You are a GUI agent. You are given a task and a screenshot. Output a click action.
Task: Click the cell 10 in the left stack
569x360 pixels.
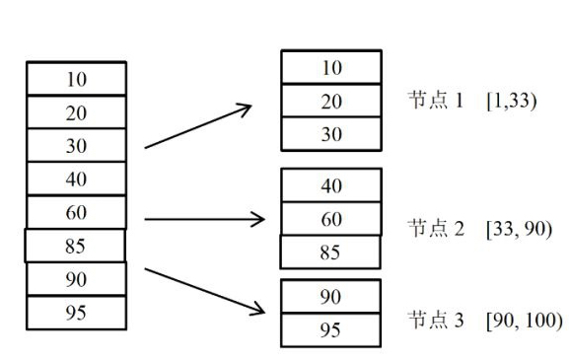coord(76,79)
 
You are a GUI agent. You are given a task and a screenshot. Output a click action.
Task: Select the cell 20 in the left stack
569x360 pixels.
coord(76,112)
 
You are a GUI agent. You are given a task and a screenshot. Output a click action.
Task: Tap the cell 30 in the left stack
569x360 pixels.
coord(76,146)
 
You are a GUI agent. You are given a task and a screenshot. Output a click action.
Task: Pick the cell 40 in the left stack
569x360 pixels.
coord(76,180)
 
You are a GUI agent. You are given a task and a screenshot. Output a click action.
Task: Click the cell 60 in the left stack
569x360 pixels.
coord(76,212)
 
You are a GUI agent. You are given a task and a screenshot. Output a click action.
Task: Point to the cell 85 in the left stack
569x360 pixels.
coord(76,246)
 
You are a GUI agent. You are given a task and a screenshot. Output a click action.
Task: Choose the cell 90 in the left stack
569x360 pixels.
coord(76,279)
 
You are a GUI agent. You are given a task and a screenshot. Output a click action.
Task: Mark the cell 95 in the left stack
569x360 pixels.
coord(76,313)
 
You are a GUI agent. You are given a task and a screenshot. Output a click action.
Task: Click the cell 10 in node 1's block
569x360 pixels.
coord(331,68)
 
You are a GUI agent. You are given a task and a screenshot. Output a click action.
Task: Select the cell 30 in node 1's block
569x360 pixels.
coord(331,134)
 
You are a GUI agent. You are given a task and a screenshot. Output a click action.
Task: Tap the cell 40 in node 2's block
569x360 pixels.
coord(331,185)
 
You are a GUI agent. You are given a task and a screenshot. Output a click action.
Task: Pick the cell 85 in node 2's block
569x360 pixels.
coord(331,252)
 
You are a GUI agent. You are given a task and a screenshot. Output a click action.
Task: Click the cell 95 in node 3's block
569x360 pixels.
coord(331,329)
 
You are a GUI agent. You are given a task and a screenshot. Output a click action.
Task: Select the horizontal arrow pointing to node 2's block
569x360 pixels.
coord(205,219)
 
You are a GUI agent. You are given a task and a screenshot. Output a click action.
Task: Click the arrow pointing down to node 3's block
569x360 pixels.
coord(205,290)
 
